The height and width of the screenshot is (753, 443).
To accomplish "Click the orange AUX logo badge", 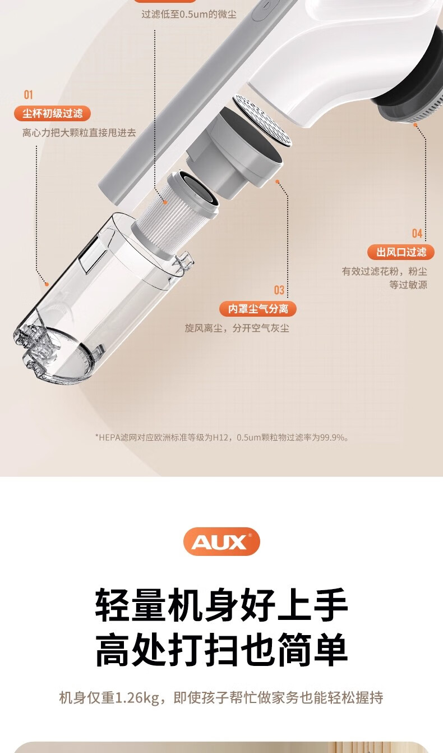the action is click(221, 541).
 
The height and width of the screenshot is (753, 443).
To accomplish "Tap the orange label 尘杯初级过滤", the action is click(52, 113).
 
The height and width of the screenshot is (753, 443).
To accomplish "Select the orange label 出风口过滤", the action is click(401, 252).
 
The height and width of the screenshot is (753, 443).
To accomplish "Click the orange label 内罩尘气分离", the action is click(258, 309).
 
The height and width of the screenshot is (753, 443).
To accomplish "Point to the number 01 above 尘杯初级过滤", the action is click(29, 95).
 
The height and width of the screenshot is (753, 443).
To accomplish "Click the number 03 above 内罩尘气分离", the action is click(279, 290).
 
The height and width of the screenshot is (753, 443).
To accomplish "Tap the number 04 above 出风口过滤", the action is click(417, 233).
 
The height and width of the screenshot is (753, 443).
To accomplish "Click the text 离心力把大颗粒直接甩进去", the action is click(79, 133).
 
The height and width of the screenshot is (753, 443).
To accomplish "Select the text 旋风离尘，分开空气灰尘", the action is click(237, 328).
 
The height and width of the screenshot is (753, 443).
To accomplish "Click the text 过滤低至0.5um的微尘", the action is click(189, 15).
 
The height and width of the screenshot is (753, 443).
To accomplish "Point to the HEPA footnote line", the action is click(222, 437).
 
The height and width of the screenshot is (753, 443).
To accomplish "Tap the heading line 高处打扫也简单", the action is click(221, 650).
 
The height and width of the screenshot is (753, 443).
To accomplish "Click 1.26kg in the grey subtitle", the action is click(137, 698).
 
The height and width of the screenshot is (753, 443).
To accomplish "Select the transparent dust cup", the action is click(101, 299).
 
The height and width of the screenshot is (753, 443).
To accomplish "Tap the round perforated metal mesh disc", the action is click(261, 120).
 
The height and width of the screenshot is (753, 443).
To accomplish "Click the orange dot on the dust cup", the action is click(47, 284).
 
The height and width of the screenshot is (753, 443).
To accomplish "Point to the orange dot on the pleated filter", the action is click(165, 202).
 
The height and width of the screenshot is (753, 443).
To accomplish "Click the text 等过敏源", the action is click(408, 285).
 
